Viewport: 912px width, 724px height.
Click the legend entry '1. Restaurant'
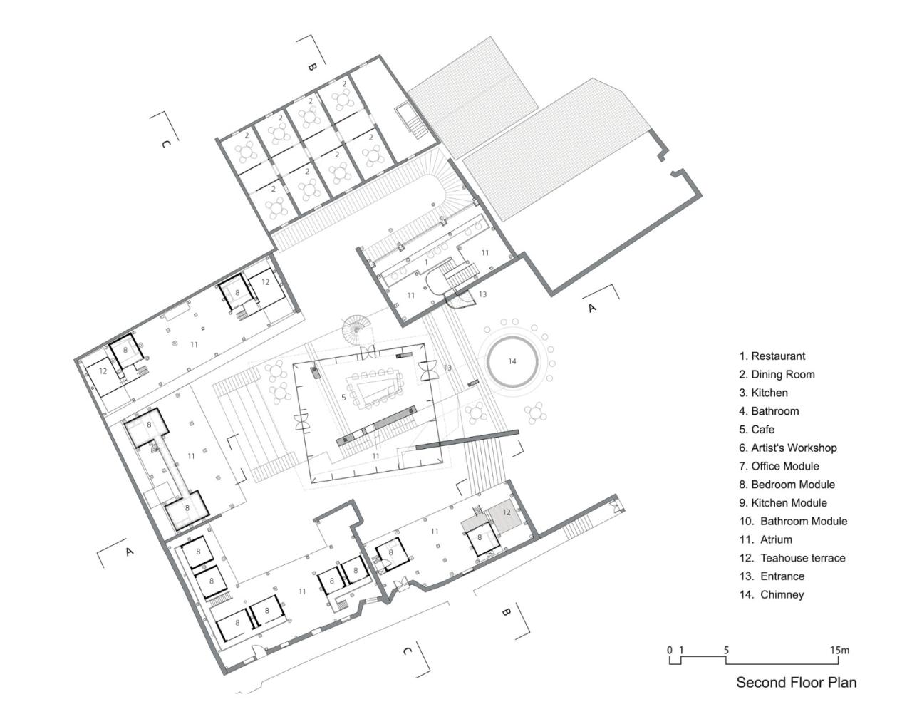pyautogui.click(x=772, y=356)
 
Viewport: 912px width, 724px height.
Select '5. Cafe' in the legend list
pyautogui.click(x=757, y=429)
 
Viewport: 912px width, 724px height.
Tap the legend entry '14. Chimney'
pyautogui.click(x=772, y=594)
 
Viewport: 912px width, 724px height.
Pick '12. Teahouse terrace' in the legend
pyautogui.click(x=792, y=558)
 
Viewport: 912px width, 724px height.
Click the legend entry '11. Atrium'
pyautogui.click(x=766, y=539)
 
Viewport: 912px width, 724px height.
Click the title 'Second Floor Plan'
pyautogui.click(x=796, y=682)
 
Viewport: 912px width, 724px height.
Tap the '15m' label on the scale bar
pyautogui.click(x=839, y=650)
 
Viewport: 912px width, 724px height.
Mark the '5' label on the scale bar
pyautogui.click(x=726, y=650)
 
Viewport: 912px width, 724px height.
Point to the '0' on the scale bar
pyautogui.click(x=670, y=650)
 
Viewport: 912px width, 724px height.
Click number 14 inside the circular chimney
pyautogui.click(x=512, y=361)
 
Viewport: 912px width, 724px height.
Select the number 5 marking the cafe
pyautogui.click(x=343, y=397)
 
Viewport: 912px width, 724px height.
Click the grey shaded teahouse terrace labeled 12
pyautogui.click(x=507, y=516)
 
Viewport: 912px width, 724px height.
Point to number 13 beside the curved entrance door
pyautogui.click(x=482, y=294)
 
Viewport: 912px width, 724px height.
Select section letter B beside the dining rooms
pyautogui.click(x=311, y=67)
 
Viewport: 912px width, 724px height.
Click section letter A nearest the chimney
pyautogui.click(x=590, y=308)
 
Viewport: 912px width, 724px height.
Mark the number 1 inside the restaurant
pyautogui.click(x=426, y=262)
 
